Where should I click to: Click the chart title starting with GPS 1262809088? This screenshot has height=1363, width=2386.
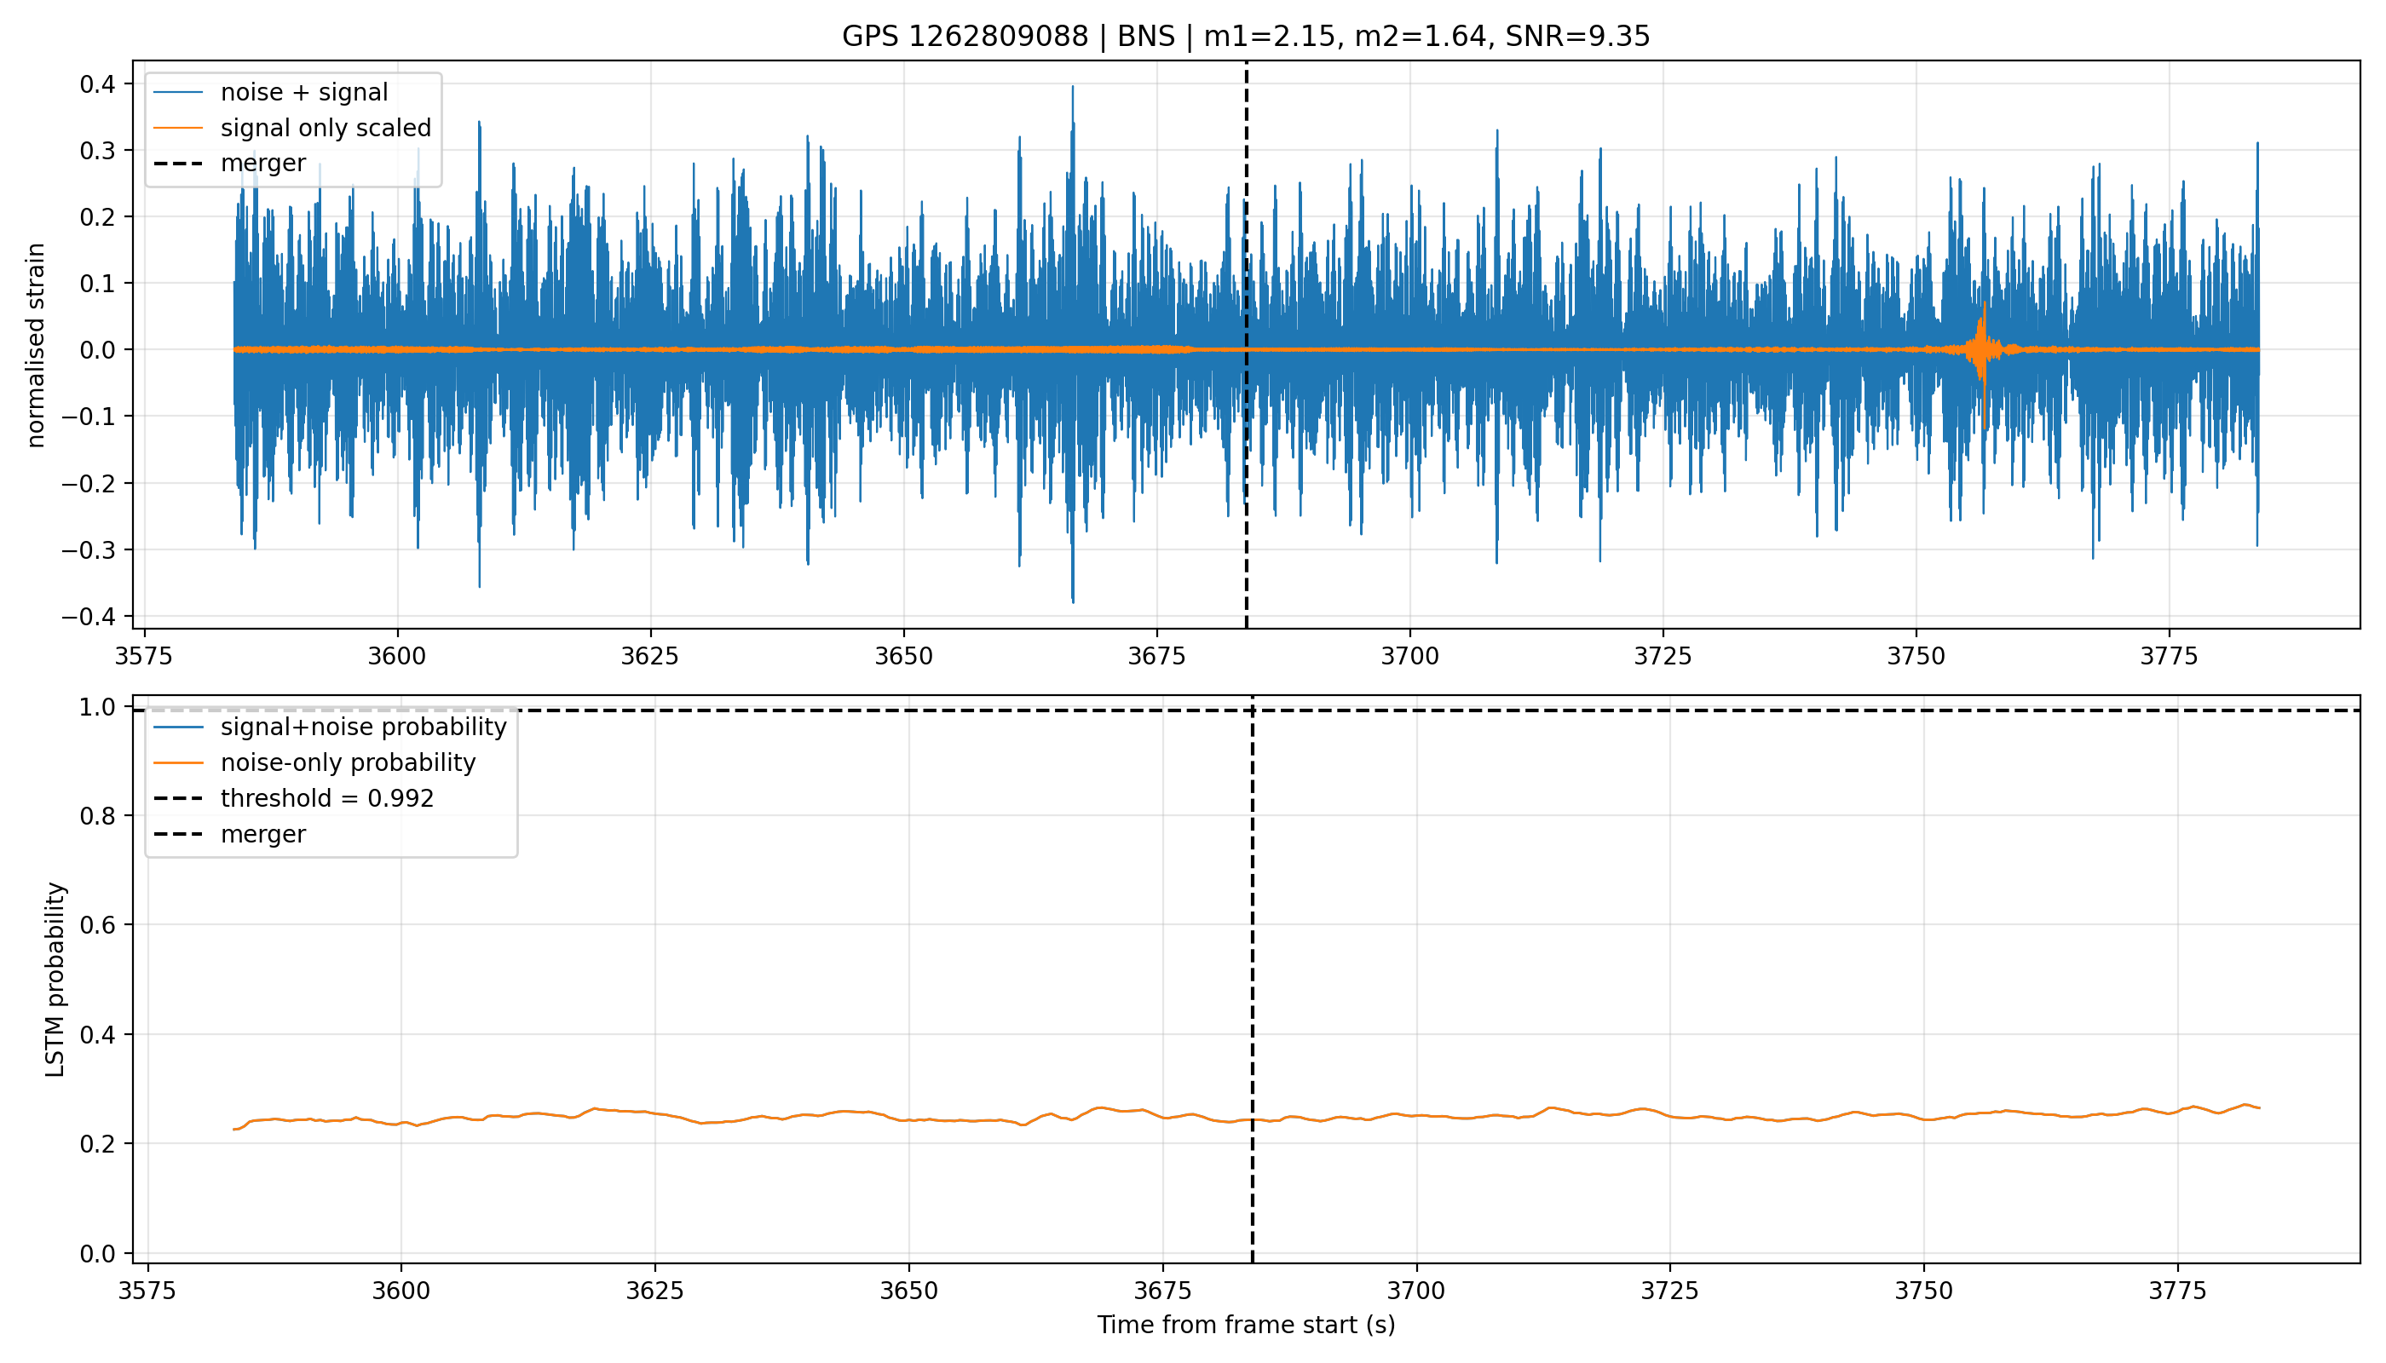point(1246,36)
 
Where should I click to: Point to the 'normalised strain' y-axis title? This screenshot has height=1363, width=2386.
point(36,345)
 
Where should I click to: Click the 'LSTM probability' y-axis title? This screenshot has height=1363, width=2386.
point(55,979)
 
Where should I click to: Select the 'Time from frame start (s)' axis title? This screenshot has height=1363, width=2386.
point(1246,1325)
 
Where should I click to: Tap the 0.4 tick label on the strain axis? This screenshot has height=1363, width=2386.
point(97,84)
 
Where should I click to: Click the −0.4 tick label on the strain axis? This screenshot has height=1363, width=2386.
point(89,616)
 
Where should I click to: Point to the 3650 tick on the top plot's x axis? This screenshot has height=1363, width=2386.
point(903,655)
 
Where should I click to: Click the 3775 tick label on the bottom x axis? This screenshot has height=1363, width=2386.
point(2178,1290)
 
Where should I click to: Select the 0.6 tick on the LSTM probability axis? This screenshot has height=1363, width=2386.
point(97,925)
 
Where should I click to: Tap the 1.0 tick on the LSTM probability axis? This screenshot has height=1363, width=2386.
point(97,707)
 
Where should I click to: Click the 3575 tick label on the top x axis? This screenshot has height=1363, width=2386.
point(144,655)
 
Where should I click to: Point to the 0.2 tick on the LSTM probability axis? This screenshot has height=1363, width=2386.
point(97,1144)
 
